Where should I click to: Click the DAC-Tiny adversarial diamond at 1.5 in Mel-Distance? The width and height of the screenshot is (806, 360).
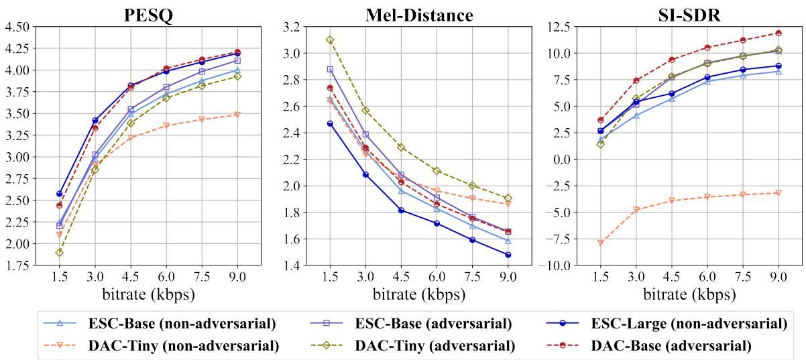[x=330, y=40]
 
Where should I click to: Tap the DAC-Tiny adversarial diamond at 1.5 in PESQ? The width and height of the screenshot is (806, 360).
[x=59, y=252]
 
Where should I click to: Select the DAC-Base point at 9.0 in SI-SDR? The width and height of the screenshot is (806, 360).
[x=779, y=33]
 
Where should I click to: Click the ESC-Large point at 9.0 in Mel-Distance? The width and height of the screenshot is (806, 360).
[x=508, y=255]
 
